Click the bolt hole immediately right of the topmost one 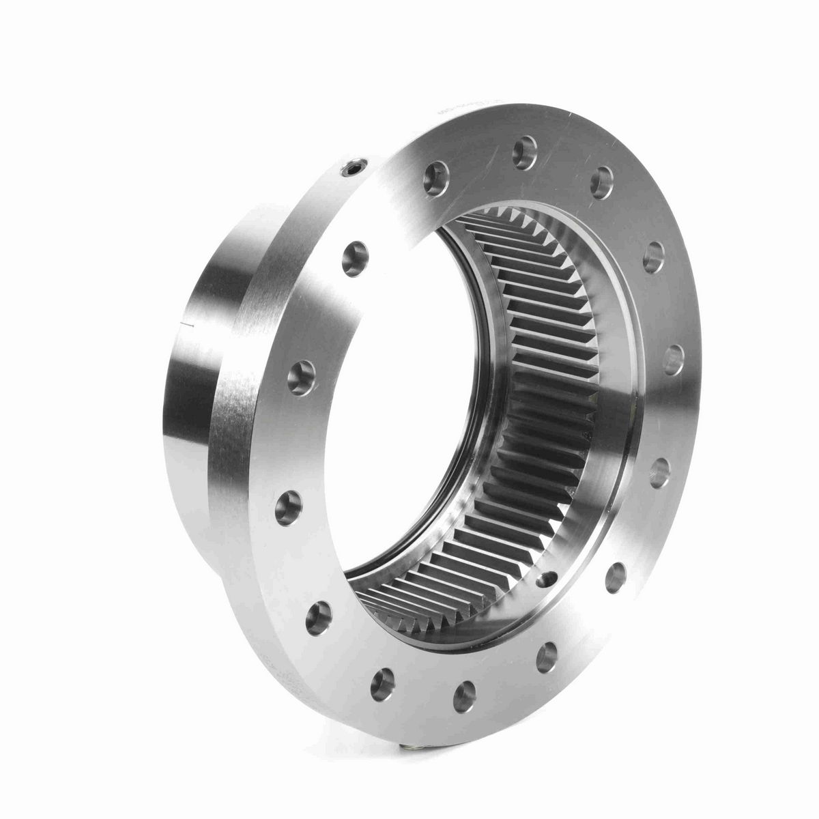point(601,182)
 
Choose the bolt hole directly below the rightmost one point(659,473)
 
